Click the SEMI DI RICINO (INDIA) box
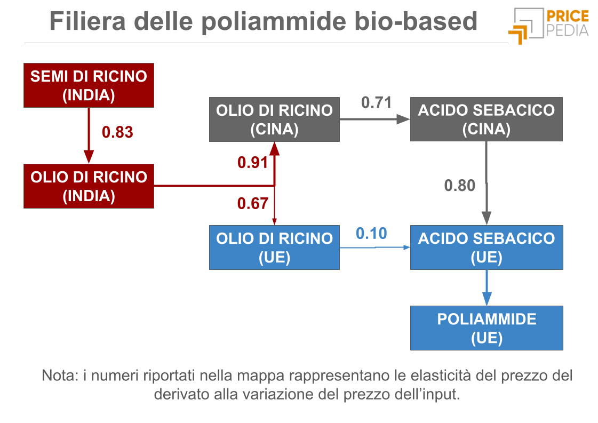(x=89, y=85)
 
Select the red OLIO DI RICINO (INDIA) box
(x=89, y=186)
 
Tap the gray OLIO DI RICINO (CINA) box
(x=274, y=119)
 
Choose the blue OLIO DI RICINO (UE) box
(x=274, y=248)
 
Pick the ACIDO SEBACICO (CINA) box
(x=486, y=119)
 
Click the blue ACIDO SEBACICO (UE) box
(x=486, y=248)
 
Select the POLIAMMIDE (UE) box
(x=486, y=328)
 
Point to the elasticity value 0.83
(x=117, y=132)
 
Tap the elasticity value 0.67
(x=252, y=203)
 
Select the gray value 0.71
(x=377, y=102)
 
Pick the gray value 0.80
(x=459, y=186)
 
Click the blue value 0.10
(x=371, y=233)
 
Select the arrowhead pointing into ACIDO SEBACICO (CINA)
(x=404, y=119)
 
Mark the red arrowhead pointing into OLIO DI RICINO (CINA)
(x=274, y=148)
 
